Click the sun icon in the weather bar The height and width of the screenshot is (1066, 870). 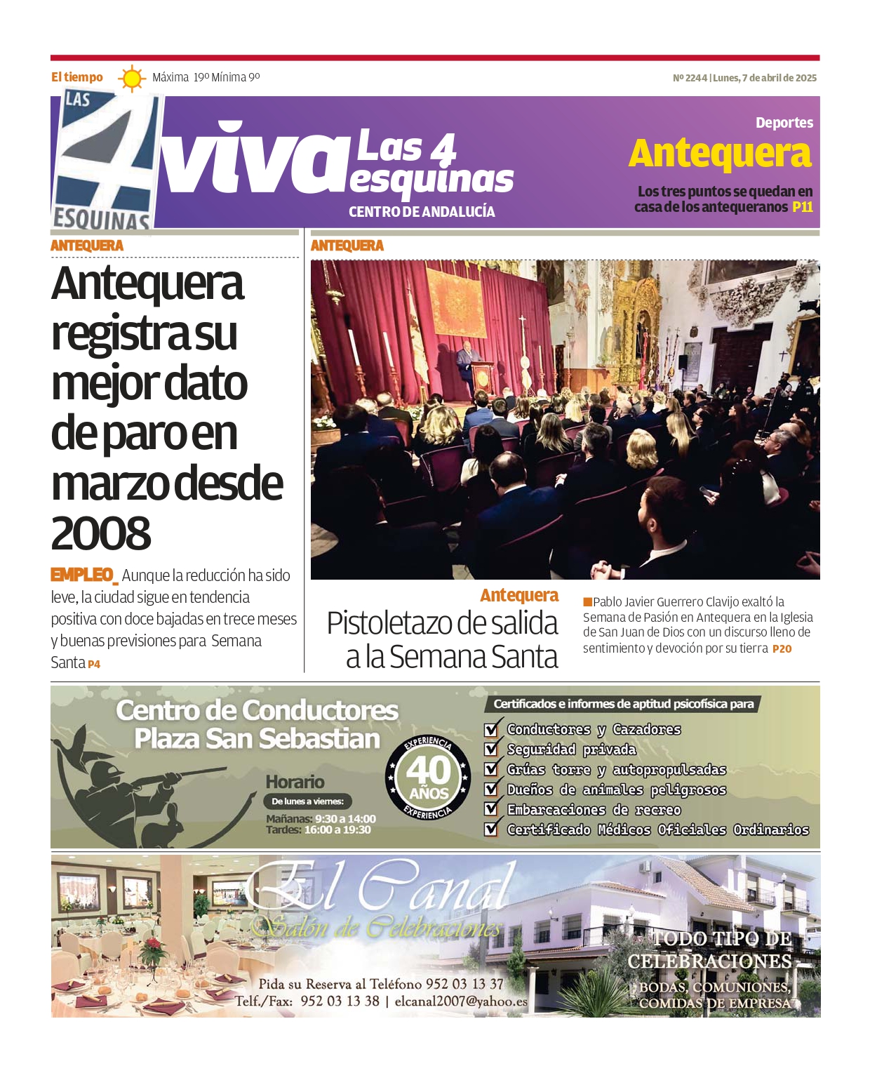(x=131, y=78)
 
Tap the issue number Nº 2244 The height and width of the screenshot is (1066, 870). (x=689, y=78)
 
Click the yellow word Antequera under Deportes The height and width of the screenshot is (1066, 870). (x=720, y=154)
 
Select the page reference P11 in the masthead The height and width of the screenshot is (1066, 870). (x=802, y=207)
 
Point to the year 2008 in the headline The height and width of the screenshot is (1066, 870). (x=101, y=533)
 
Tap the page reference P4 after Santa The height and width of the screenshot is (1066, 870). (x=94, y=664)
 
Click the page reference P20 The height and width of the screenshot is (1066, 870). (x=782, y=649)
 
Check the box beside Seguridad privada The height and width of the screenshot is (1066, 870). (x=492, y=749)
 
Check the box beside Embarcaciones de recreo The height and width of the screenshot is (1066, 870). (x=492, y=809)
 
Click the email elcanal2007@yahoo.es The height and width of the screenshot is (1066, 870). (x=461, y=1001)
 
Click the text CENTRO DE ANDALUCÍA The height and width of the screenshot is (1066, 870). (x=422, y=212)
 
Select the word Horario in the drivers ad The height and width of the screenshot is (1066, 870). (x=295, y=782)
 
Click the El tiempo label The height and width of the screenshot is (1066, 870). (x=76, y=77)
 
